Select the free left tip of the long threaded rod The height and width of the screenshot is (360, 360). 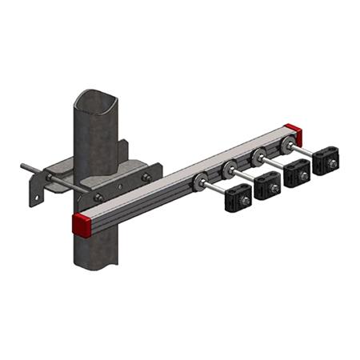coord(24,167)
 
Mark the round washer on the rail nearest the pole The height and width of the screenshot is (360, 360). coord(199,181)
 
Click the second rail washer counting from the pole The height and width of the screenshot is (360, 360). coord(230,168)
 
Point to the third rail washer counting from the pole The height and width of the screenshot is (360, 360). coord(258,157)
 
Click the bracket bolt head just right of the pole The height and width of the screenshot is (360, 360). coord(146,177)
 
